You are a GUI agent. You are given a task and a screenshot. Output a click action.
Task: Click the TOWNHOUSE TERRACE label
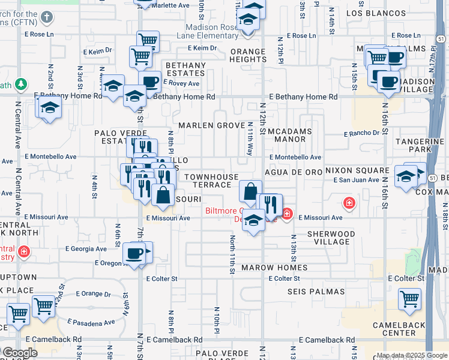tap(211, 181)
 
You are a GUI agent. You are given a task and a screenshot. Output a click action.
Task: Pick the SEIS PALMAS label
tap(314, 292)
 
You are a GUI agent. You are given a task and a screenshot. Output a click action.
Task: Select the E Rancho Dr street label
tap(362, 133)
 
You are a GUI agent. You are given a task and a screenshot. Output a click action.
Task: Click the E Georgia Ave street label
tap(86, 248)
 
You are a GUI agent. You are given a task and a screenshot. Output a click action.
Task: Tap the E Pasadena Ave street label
tap(91, 322)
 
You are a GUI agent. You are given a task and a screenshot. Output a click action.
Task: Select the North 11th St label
tap(232, 254)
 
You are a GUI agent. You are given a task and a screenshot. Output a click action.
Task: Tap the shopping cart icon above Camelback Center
tap(409, 299)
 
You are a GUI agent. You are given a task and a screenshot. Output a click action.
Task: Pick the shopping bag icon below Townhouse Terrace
tap(250, 191)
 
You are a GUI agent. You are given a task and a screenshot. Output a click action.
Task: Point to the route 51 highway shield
tap(441, 38)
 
